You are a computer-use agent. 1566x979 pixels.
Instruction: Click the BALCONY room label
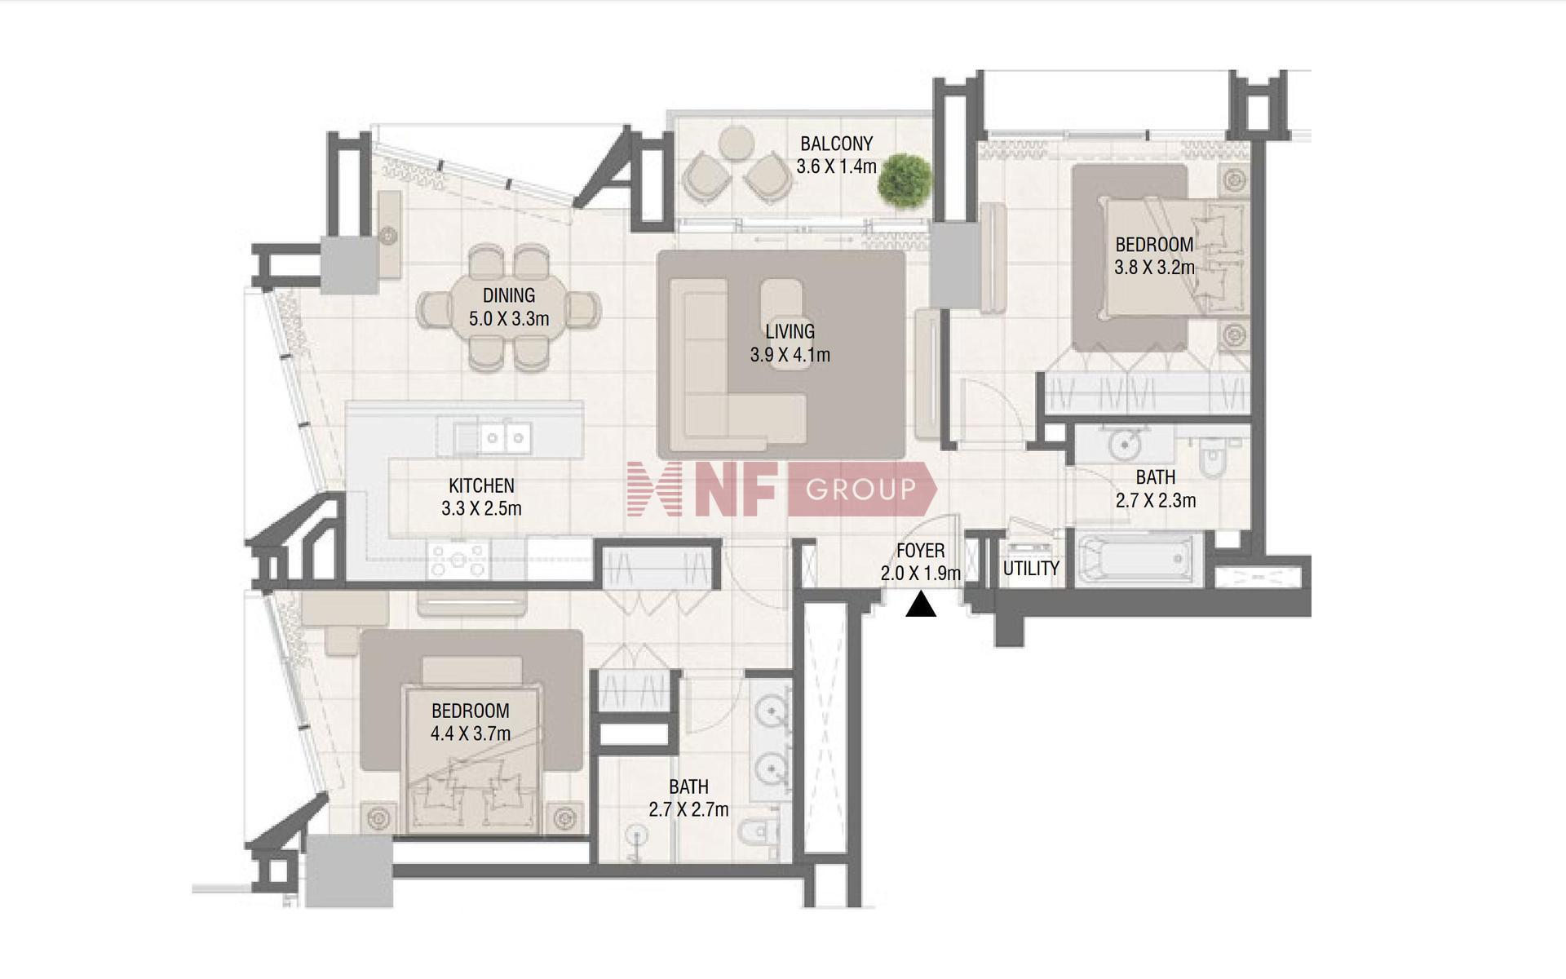coord(836,144)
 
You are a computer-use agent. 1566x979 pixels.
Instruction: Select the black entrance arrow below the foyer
coord(921,605)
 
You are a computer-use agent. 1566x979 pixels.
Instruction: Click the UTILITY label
coord(1031,569)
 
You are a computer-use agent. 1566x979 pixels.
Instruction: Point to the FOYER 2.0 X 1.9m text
coord(920,562)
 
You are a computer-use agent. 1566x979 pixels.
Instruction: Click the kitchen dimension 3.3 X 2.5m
coord(481,509)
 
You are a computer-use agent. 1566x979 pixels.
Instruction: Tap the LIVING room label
coord(790,331)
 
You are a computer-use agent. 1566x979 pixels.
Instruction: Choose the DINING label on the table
coord(509,295)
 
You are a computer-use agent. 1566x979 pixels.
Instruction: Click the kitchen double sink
coord(504,438)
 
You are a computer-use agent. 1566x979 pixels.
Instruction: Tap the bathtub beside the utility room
coord(1139,559)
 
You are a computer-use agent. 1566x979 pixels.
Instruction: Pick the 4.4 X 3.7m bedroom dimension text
coord(471,733)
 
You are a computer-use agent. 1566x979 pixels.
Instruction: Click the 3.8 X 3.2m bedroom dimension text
coord(1154,267)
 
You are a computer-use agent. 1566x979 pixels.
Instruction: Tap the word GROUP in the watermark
coord(860,489)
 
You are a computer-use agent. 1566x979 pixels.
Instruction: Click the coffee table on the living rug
coord(781,325)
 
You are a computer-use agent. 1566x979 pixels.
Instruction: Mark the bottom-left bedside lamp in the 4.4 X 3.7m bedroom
coord(377,817)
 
